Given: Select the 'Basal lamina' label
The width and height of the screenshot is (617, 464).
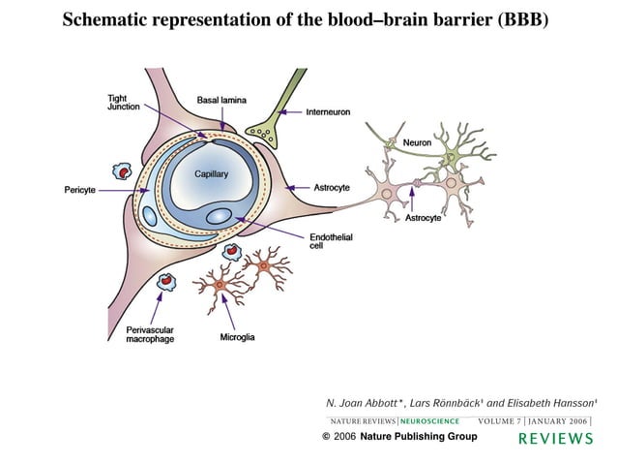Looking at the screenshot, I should pos(220,100).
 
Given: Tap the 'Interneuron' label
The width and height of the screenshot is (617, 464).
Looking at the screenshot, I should pos(328,112).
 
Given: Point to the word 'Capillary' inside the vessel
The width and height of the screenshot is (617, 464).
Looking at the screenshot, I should pos(211,174).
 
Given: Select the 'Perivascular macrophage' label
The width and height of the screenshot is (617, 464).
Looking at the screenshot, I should pos(150,334).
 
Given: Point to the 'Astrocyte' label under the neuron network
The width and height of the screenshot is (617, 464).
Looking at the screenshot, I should pos(423,218).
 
